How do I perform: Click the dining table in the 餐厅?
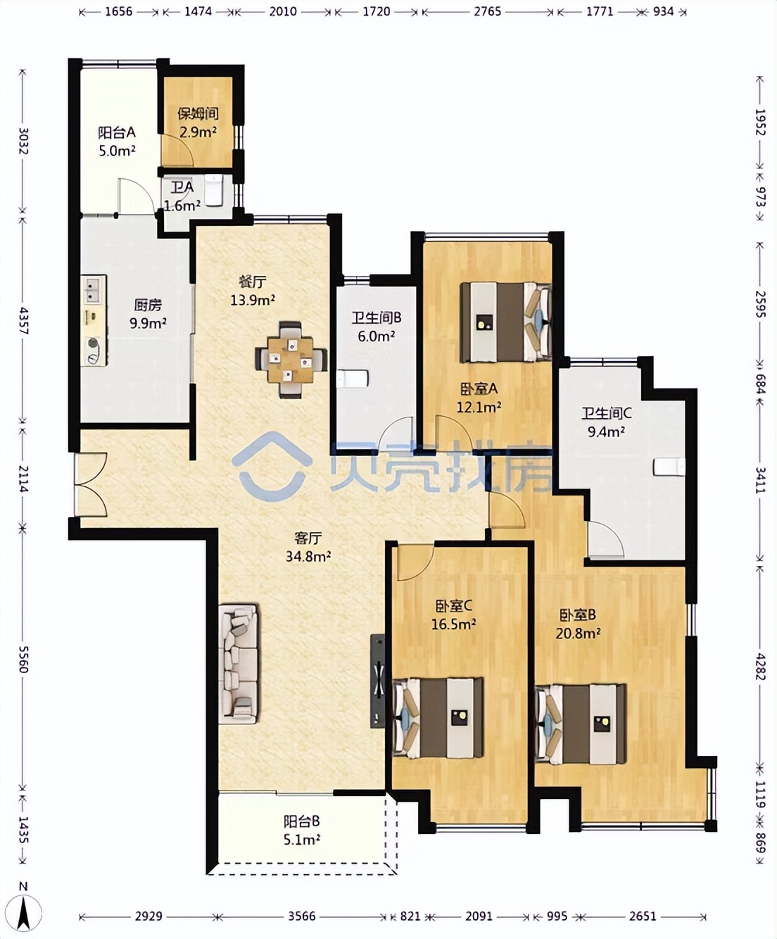pyautogui.click(x=291, y=359)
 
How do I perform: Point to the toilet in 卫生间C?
pyautogui.click(x=669, y=467)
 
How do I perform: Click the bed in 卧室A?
pyautogui.click(x=506, y=322)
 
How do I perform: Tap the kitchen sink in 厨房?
pyautogui.click(x=94, y=289)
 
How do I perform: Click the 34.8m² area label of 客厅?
pyautogui.click(x=308, y=557)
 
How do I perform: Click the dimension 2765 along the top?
pyautogui.click(x=488, y=11)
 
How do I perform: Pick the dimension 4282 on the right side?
pyautogui.click(x=760, y=664)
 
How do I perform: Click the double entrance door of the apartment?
pyautogui.click(x=91, y=484)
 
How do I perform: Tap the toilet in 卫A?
pyautogui.click(x=214, y=191)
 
